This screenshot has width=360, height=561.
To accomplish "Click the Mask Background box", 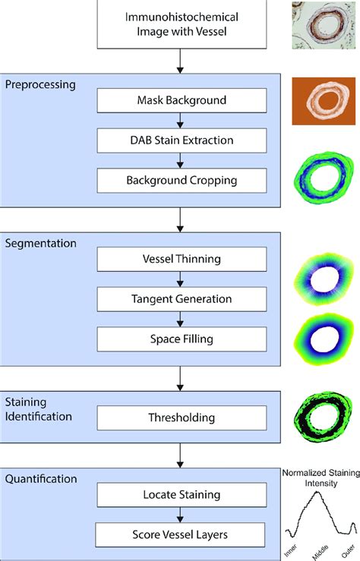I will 182,100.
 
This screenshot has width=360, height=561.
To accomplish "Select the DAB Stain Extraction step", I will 182,140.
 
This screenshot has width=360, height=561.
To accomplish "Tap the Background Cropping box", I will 182,181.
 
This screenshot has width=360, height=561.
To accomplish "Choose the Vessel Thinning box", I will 182,259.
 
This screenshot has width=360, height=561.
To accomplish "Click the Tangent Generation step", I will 182,298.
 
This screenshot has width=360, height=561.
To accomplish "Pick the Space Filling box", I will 182,339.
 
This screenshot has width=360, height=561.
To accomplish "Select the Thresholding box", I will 182,417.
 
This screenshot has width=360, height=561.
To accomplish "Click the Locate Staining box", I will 182,495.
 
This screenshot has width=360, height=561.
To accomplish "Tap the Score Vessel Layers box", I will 182,534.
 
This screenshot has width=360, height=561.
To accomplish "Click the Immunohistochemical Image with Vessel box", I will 181,24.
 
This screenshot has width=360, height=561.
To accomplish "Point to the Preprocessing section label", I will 39,84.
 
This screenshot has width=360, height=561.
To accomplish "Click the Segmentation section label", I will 39,243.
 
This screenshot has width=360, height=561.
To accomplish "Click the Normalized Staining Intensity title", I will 320,476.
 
